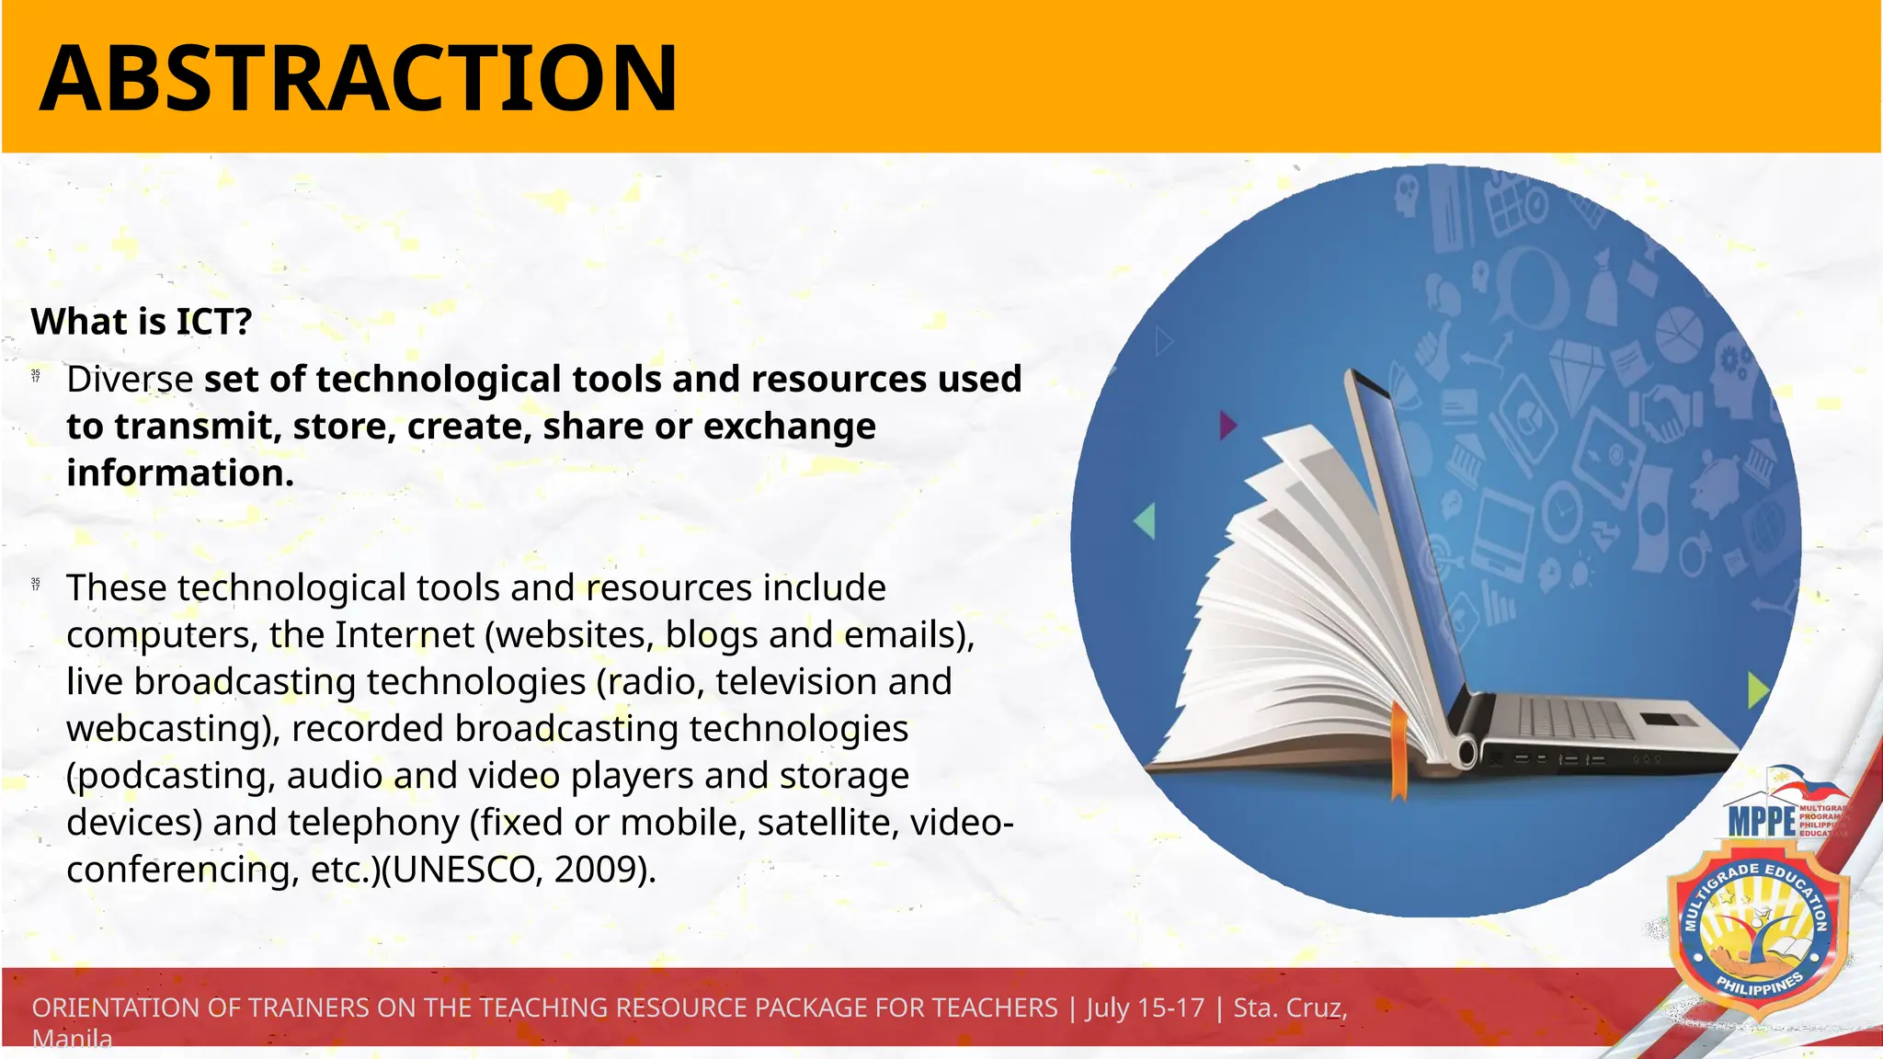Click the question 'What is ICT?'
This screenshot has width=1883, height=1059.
[142, 322]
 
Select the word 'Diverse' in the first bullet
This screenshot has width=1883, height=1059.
[130, 379]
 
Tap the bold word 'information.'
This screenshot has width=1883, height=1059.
[180, 473]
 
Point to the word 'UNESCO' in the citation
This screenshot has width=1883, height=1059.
[460, 869]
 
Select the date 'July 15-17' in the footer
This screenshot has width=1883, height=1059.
[1146, 1008]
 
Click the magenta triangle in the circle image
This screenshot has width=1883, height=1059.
[1227, 425]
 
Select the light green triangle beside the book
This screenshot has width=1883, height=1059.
[1146, 520]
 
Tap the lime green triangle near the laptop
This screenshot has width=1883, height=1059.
[1756, 689]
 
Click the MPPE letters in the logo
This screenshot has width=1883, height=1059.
[1761, 821]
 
